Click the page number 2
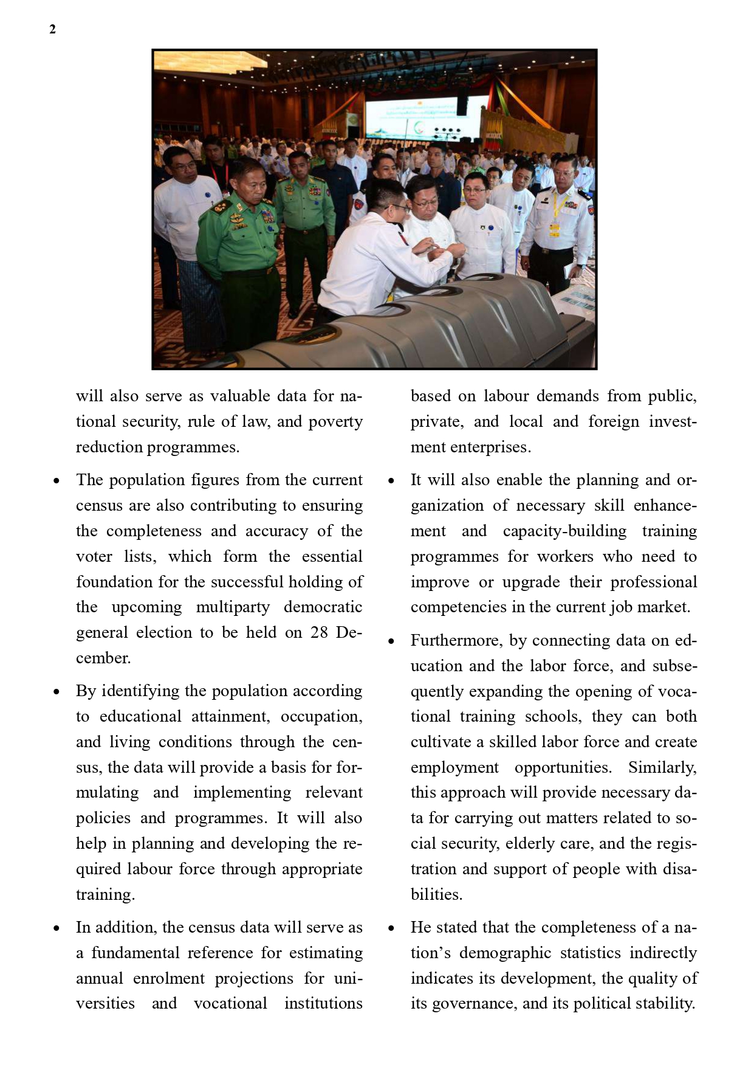point(53,29)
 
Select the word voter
point(94,556)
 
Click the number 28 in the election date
point(319,632)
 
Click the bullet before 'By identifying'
point(57,691)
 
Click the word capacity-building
point(564,531)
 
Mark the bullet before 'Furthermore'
point(391,641)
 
